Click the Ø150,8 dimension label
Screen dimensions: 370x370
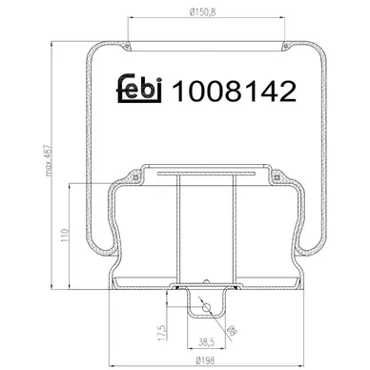[202, 12]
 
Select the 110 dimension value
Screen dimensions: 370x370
[65, 236]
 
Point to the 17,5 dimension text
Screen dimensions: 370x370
[162, 333]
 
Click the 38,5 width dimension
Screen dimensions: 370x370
[207, 342]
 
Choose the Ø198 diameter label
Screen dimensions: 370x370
[205, 360]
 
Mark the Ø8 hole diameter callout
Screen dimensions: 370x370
[233, 331]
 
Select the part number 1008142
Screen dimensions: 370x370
[234, 91]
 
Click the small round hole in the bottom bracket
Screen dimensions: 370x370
[207, 307]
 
